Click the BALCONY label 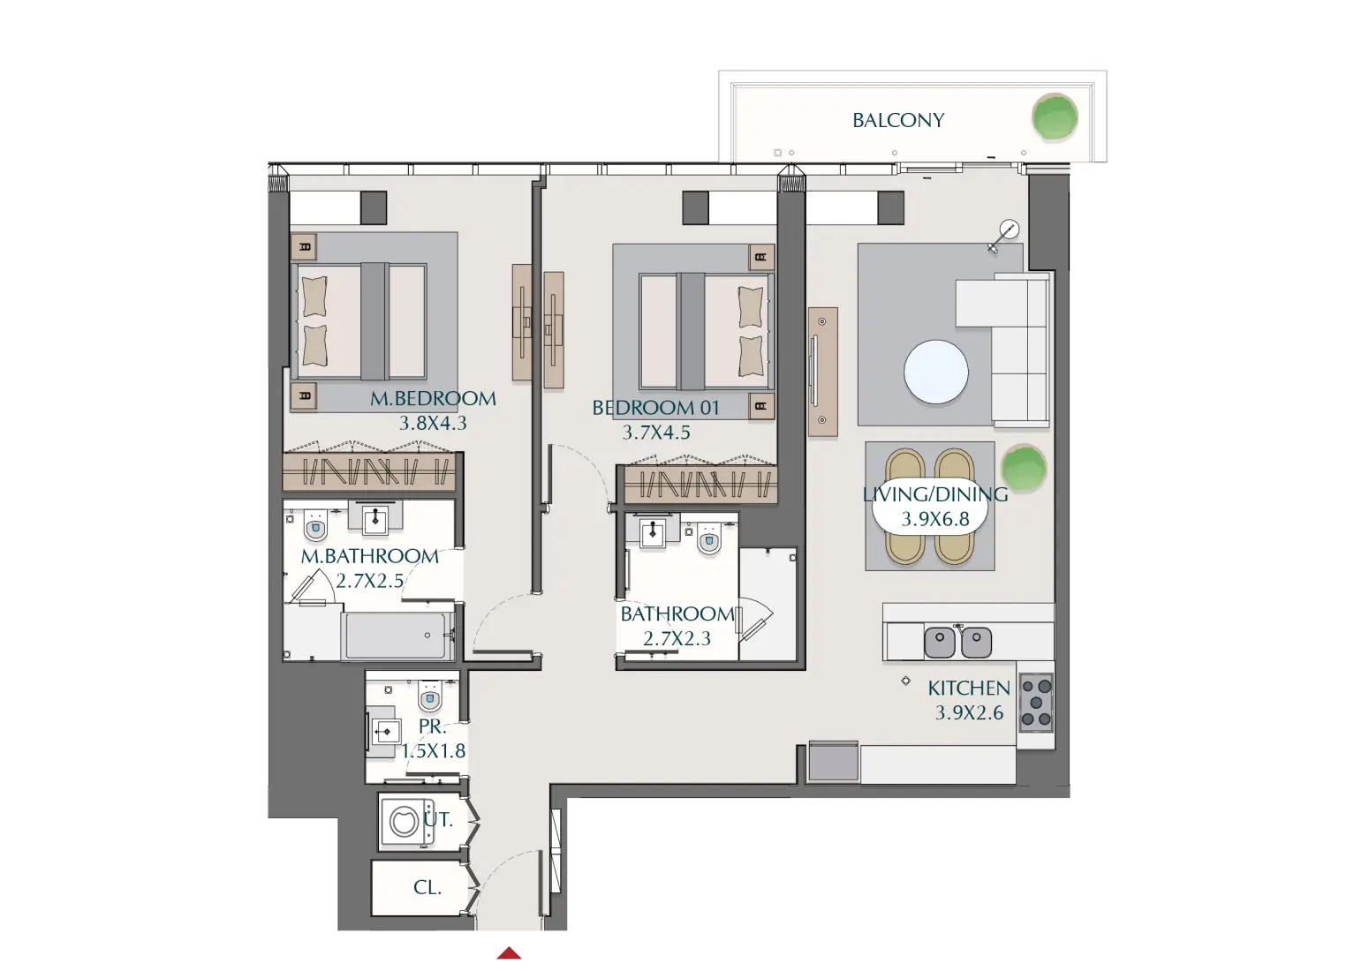[898, 120]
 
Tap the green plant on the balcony [1055, 117]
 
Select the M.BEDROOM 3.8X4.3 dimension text [433, 423]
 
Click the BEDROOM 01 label [655, 408]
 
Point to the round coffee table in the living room [935, 372]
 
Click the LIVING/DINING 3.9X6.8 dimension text [935, 519]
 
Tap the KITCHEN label [968, 688]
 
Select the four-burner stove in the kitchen [1036, 703]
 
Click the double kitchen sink [957, 642]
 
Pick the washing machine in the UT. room [405, 822]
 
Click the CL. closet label [427, 888]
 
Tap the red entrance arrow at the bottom [509, 953]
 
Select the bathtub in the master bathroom [395, 636]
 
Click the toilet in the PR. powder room [430, 697]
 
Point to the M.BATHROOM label [369, 556]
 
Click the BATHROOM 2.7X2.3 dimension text [677, 638]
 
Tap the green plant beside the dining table [1023, 467]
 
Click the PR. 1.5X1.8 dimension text [434, 751]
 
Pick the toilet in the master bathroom [315, 527]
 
